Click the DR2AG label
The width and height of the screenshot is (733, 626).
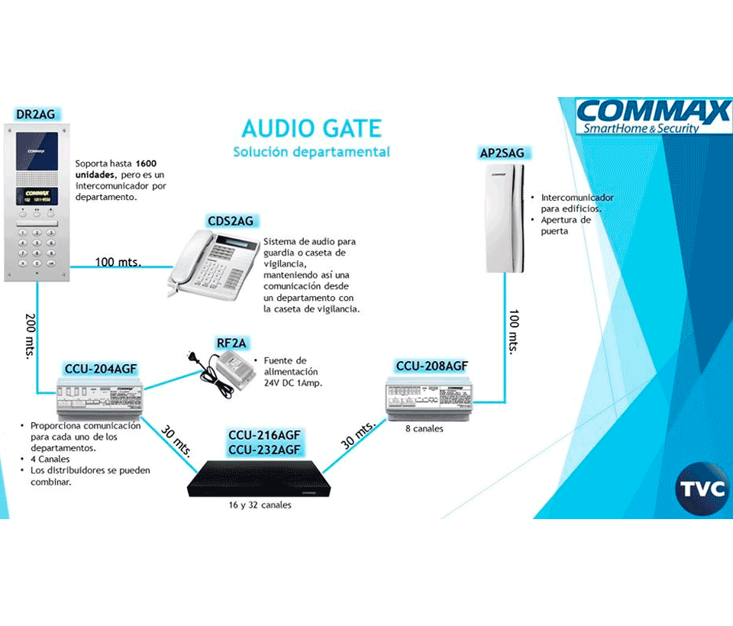pos(36,115)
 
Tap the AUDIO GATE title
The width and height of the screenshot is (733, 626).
pos(311,127)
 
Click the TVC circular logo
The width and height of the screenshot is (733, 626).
pos(702,489)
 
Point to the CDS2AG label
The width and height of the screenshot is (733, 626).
pos(230,221)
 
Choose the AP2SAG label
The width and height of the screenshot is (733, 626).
pos(502,153)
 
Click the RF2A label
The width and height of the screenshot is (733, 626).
pos(231,343)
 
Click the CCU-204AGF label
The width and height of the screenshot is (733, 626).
pos(101,369)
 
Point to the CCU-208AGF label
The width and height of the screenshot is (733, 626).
pos(431,366)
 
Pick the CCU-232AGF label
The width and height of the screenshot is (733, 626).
pos(265,450)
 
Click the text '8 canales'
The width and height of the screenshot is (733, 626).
pos(425,428)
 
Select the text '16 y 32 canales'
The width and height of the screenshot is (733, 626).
pos(260,505)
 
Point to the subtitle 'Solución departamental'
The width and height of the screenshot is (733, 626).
pos(311,152)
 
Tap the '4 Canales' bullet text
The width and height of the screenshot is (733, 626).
pos(50,460)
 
